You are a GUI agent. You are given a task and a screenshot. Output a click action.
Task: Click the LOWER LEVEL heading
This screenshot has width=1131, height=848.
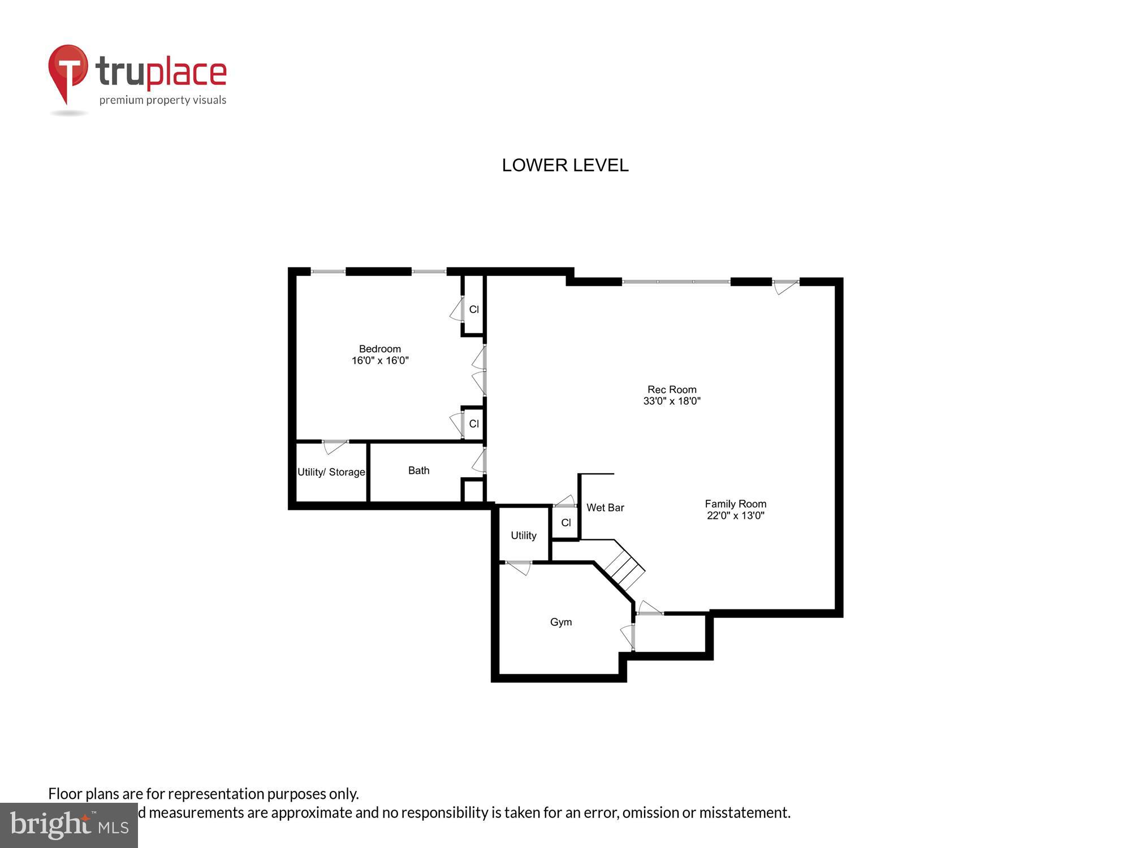[x=565, y=165]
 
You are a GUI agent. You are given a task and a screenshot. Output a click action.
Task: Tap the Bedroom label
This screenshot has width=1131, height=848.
[x=379, y=349]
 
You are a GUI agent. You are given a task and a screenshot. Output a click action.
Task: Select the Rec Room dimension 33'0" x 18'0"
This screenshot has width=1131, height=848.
[x=672, y=401]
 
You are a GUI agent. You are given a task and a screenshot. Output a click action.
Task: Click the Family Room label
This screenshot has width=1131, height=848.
[x=735, y=504]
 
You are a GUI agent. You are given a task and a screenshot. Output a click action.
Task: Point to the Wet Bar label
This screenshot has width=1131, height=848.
[x=605, y=508]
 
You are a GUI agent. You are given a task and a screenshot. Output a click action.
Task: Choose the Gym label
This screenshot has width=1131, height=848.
[x=560, y=622]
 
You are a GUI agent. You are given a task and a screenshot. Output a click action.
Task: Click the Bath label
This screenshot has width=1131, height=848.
[x=418, y=470]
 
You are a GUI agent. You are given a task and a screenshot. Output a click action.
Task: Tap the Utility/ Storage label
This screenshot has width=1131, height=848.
[x=331, y=472]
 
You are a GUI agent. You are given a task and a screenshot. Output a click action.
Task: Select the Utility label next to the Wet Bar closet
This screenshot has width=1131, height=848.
[x=523, y=535]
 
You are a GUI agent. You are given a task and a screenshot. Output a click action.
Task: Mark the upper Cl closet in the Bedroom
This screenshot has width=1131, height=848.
[x=474, y=309]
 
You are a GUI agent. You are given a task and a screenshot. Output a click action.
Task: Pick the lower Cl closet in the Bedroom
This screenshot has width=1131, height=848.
[x=474, y=423]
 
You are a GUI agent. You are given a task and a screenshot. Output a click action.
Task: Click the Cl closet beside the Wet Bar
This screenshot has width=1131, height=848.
[x=565, y=523]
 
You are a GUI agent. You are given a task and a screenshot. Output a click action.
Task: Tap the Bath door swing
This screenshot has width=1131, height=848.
[x=479, y=461]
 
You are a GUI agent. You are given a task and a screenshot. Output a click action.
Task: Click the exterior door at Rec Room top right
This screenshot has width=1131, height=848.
[x=785, y=287]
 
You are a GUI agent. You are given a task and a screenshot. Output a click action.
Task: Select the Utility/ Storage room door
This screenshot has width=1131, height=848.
[x=335, y=447]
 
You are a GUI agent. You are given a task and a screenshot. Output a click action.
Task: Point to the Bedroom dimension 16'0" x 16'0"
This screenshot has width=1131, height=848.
[x=379, y=361]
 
